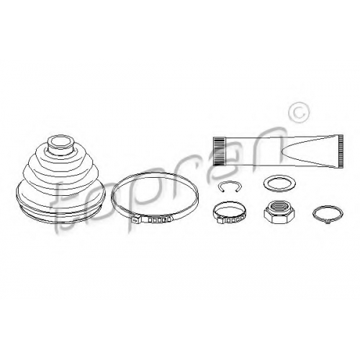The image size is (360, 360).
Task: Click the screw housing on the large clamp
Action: (x=137, y=219)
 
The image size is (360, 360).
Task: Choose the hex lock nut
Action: (x=279, y=212)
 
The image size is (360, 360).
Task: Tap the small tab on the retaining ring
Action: (x=327, y=223)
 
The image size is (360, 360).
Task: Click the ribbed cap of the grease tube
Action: (x=220, y=151)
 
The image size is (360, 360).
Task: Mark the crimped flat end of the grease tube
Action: (x=341, y=151)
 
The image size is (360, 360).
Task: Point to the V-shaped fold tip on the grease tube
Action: (x=282, y=151)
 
